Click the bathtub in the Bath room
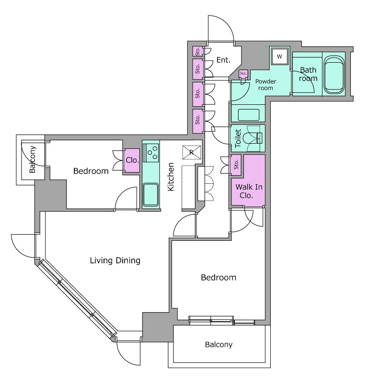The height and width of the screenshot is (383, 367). (x=334, y=75)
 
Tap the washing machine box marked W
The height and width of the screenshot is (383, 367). (x=280, y=56)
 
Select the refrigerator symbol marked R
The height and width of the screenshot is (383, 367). (x=192, y=152)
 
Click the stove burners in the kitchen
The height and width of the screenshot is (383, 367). (x=151, y=153)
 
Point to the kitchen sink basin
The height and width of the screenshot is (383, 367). (x=150, y=194)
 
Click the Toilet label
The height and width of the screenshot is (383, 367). (x=238, y=138)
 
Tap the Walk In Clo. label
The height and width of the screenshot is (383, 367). (x=249, y=191)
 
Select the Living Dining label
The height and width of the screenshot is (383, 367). (x=115, y=260)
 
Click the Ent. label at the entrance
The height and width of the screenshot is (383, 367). (x=223, y=60)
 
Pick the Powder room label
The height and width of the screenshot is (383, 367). (x=266, y=85)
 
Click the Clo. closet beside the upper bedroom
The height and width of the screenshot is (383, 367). (x=132, y=160)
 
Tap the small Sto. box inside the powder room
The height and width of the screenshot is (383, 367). (x=243, y=73)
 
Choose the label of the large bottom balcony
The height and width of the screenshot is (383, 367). (x=218, y=345)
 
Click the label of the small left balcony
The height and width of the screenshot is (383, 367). (x=33, y=159)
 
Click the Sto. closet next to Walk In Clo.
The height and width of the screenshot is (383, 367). (x=236, y=165)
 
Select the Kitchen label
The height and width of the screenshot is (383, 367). (x=171, y=177)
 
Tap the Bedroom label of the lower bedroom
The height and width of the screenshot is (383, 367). (x=218, y=278)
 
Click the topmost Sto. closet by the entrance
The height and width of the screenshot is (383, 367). (x=197, y=51)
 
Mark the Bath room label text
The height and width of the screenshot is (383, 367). (x=308, y=74)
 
